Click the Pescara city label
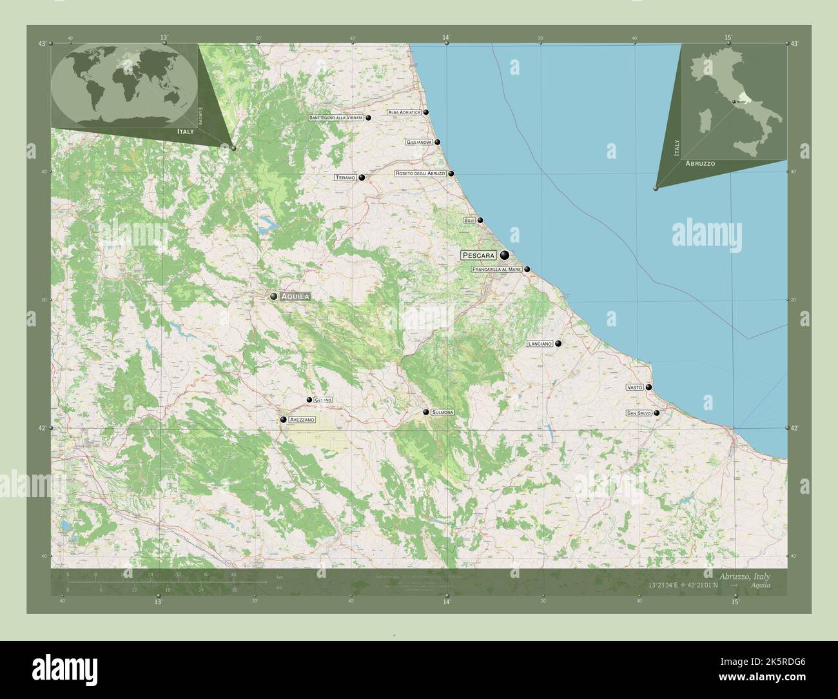[x=478, y=255]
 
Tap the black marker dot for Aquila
[x=274, y=296]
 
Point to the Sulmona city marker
[x=426, y=412]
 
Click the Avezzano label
[x=302, y=420]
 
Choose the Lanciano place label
[x=540, y=344]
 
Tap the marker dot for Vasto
[x=649, y=388]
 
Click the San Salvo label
[x=639, y=413]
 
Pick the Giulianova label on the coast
[x=419, y=142]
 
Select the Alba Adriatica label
[x=404, y=112]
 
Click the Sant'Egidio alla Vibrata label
[x=336, y=118]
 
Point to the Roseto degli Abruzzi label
[x=420, y=173]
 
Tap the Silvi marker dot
[x=480, y=220]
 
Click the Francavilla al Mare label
[x=496, y=270]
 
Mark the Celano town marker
[x=309, y=400]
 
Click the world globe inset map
[x=124, y=87]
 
